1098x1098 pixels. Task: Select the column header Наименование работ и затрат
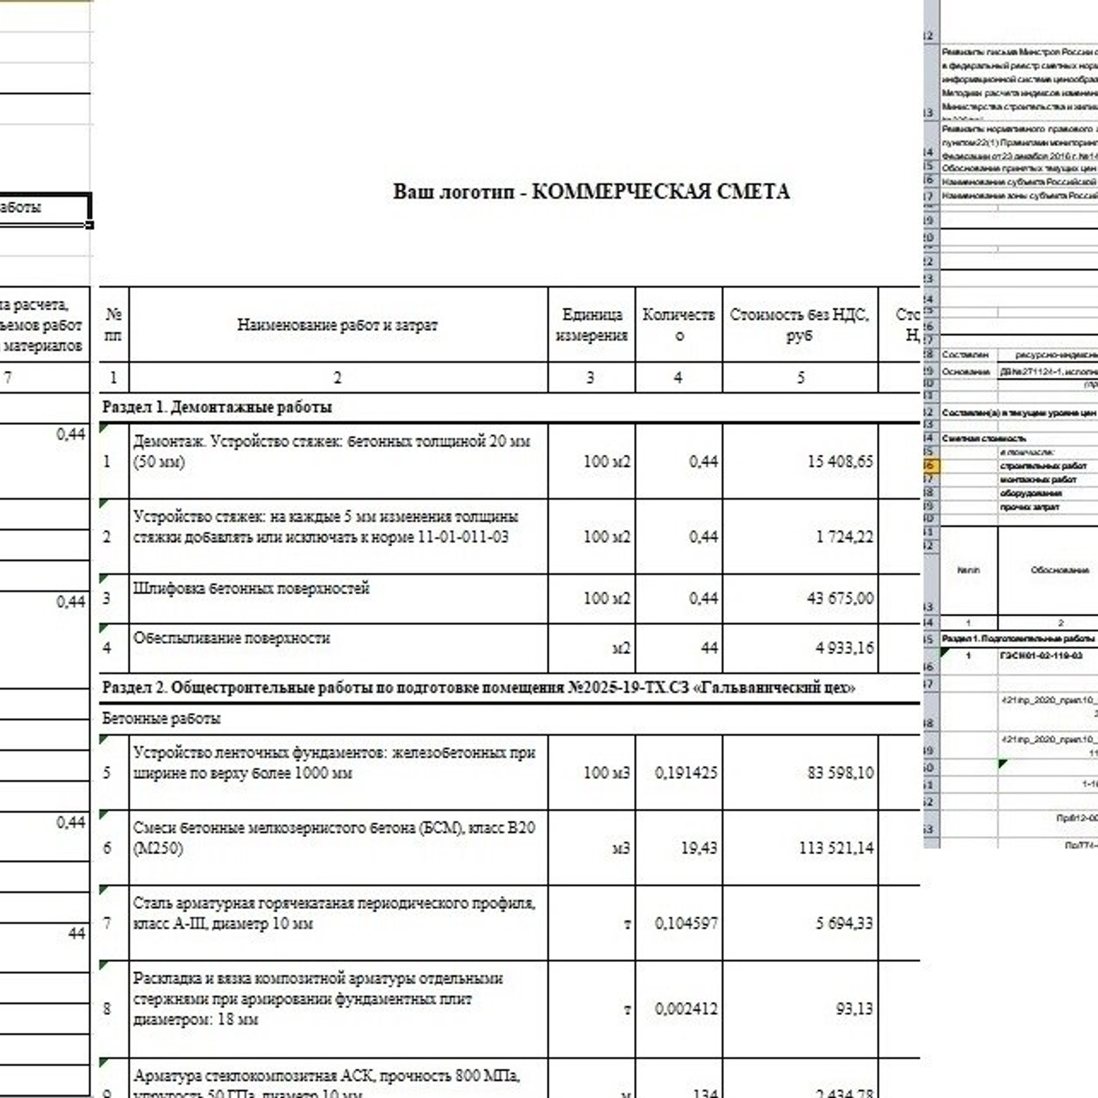coord(337,325)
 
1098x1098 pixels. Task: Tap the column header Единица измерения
coord(591,325)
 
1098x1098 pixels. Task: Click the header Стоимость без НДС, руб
coord(799,325)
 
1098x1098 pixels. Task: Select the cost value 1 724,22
coord(844,537)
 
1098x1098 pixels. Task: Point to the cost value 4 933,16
coord(844,648)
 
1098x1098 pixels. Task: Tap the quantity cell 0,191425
coord(686,773)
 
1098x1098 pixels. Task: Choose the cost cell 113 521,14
coord(836,848)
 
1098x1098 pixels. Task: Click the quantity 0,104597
coord(686,923)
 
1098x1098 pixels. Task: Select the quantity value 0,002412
coord(686,1008)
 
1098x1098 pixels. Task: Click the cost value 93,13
coord(854,1008)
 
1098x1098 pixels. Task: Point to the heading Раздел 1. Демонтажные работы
coord(217,407)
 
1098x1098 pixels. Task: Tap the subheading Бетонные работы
coord(161,718)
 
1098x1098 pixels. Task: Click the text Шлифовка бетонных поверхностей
coord(251,588)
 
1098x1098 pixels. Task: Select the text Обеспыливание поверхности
coord(232,638)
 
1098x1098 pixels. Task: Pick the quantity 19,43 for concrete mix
coord(698,848)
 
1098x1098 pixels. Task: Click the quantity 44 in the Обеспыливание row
coord(709,648)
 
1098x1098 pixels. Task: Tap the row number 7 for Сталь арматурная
coord(107,923)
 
